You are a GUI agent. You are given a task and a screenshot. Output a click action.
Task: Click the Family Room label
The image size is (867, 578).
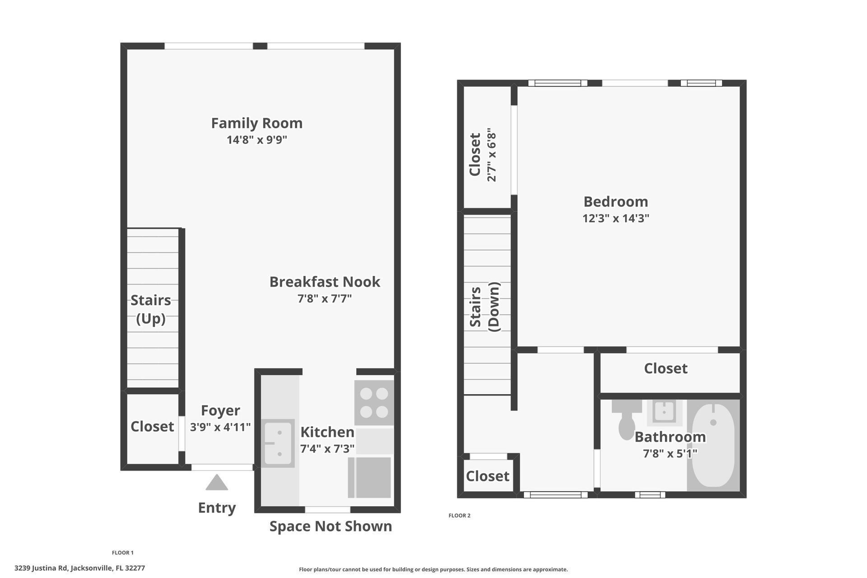[256, 123]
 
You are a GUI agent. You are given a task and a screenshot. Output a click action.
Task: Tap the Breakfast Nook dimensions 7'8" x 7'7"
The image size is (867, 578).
[324, 298]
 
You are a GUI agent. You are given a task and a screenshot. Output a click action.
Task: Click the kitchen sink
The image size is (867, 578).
[278, 443]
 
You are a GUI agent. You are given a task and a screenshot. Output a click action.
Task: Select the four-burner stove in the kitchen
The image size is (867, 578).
[374, 403]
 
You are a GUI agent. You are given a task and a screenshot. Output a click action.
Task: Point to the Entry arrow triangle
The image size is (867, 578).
[217, 483]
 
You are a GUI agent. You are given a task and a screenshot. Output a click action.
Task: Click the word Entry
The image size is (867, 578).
[217, 508]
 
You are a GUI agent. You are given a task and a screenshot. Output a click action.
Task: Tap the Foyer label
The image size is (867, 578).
[220, 410]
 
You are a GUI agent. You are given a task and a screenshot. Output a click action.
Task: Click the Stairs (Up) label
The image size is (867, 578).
[151, 309]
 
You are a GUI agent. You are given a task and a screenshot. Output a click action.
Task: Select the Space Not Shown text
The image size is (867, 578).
[331, 526]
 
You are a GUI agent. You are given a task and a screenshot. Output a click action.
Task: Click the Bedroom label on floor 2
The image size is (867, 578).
[615, 201]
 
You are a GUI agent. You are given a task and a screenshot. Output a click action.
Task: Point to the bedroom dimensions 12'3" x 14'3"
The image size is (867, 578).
[615, 219]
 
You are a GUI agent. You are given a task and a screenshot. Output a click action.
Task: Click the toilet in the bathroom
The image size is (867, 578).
[627, 419]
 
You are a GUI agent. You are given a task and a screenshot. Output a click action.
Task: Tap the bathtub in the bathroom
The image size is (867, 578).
[713, 445]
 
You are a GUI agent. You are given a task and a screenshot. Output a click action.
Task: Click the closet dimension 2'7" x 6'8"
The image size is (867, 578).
[492, 155]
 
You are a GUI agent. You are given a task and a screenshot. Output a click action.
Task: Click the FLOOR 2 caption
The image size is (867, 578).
[459, 516]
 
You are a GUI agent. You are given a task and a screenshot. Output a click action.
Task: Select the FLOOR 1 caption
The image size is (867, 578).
[123, 553]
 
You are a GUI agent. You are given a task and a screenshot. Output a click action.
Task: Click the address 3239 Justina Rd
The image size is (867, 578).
[41, 568]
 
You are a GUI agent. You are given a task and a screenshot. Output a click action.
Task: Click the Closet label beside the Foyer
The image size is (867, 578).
[152, 427]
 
